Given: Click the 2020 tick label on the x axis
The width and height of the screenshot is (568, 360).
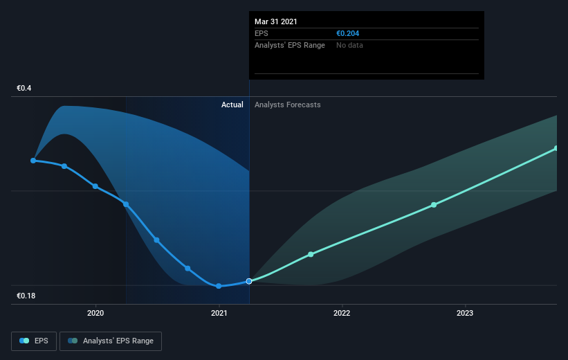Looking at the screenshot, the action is pyautogui.click(x=95, y=313).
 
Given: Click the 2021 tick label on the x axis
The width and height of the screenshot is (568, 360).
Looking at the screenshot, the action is pyautogui.click(x=219, y=313).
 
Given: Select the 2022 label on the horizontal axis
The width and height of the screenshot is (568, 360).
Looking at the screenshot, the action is pyautogui.click(x=342, y=313).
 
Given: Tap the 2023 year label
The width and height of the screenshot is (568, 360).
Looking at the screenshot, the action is pyautogui.click(x=465, y=313).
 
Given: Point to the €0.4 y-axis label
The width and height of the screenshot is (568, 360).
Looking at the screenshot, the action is pyautogui.click(x=24, y=88).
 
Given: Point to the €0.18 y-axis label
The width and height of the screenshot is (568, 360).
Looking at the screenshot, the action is pyautogui.click(x=26, y=296).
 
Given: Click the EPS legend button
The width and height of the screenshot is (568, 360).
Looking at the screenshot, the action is pyautogui.click(x=34, y=341).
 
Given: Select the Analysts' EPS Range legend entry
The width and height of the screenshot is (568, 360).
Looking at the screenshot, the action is pyautogui.click(x=111, y=341).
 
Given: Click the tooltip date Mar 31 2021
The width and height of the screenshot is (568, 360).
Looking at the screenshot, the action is pyautogui.click(x=275, y=21).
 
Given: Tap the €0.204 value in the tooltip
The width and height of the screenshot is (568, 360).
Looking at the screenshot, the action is pyautogui.click(x=348, y=33).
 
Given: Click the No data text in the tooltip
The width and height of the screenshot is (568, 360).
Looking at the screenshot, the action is pyautogui.click(x=349, y=45).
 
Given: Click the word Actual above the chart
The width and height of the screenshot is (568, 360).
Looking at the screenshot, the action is pyautogui.click(x=232, y=105).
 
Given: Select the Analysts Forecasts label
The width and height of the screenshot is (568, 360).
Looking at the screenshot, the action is pyautogui.click(x=288, y=105).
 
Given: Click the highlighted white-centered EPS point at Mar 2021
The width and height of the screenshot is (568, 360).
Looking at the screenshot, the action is pyautogui.click(x=249, y=281).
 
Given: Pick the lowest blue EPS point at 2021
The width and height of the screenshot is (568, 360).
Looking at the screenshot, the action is pyautogui.click(x=219, y=286).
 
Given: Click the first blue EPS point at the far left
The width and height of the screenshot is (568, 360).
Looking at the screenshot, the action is pyautogui.click(x=33, y=161).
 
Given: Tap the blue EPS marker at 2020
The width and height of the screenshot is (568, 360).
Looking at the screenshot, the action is pyautogui.click(x=95, y=186).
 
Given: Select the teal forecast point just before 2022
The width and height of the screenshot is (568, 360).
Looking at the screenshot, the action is pyautogui.click(x=311, y=255).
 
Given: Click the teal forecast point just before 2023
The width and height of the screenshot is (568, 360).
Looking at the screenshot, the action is pyautogui.click(x=434, y=205).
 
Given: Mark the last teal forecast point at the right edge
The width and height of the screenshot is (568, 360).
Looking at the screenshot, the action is pyautogui.click(x=556, y=148).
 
